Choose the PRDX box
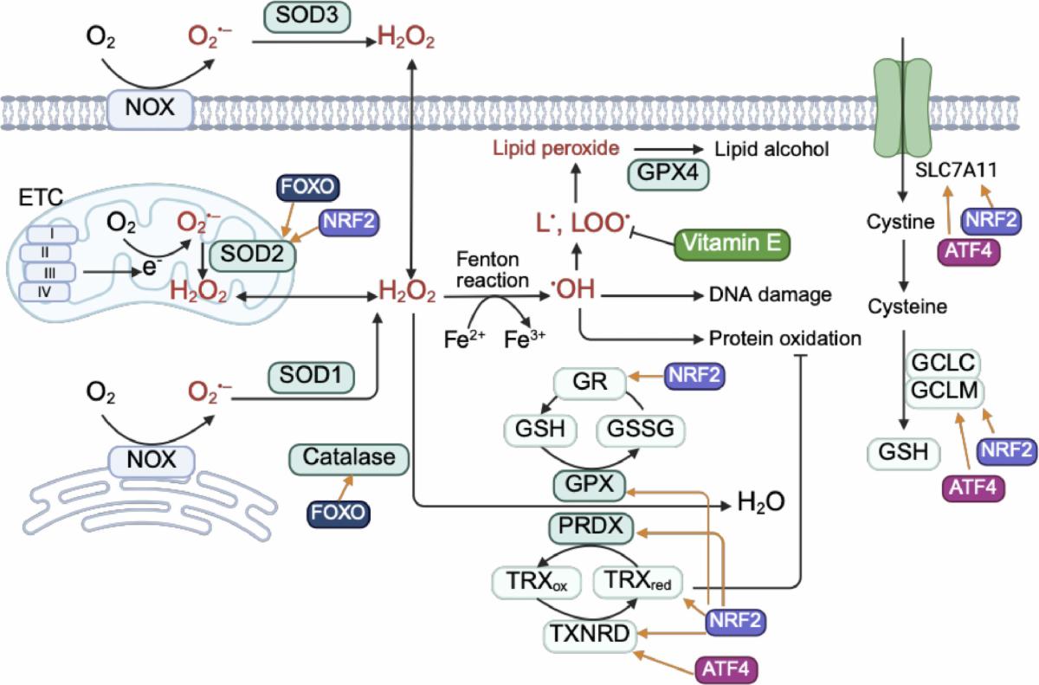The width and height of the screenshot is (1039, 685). coord(591,527)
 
